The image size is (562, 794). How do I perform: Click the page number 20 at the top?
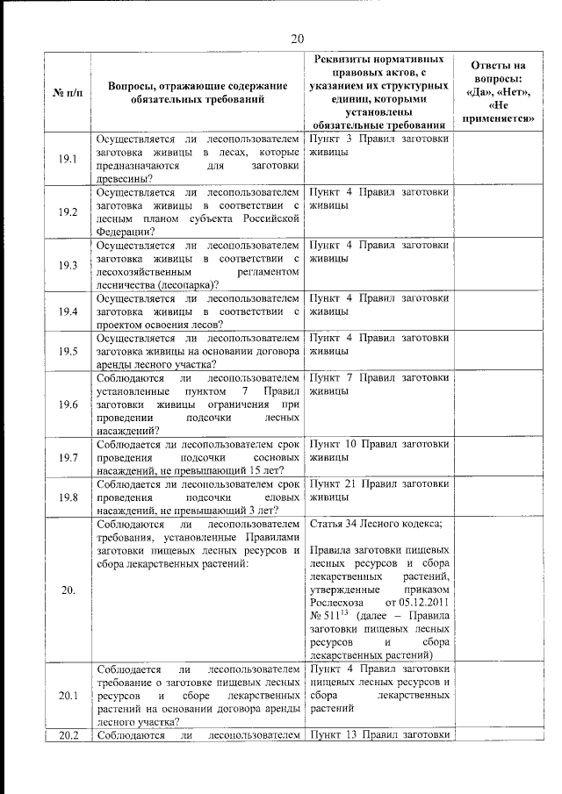tap(297, 38)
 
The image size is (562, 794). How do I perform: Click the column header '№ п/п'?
tap(68, 91)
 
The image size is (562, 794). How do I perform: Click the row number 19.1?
tap(68, 159)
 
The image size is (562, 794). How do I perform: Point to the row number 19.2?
tap(68, 211)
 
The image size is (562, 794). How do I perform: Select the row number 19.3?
tap(68, 265)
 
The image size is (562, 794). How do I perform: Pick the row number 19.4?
tap(68, 311)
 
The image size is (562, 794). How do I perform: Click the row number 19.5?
tap(68, 350)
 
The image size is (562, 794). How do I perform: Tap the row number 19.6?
tap(68, 404)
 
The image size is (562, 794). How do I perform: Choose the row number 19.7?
tap(68, 457)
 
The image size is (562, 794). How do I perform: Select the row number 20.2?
tap(68, 735)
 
